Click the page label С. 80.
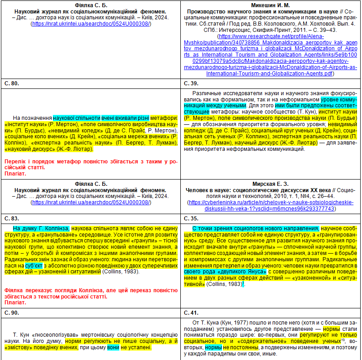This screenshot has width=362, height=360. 12,83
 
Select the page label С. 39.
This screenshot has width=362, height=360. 192,83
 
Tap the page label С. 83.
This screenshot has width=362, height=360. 12,218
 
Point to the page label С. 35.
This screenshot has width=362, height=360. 192,218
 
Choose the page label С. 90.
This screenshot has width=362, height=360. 12,312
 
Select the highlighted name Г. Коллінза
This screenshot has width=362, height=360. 52,228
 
